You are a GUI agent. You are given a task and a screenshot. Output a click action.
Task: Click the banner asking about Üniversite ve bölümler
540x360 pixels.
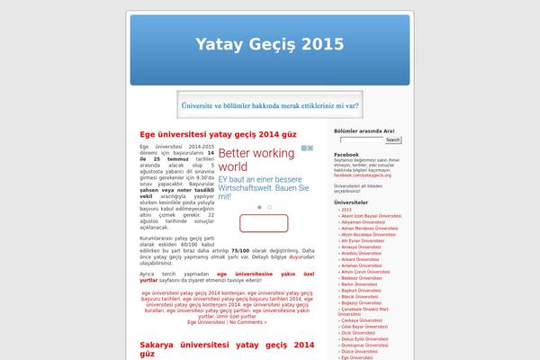269,104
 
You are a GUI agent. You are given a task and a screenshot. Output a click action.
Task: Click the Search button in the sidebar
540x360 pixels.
392,140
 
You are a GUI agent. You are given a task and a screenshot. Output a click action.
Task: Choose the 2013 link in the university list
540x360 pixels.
346,210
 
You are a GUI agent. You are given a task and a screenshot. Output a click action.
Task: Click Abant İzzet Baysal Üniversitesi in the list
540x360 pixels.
371,217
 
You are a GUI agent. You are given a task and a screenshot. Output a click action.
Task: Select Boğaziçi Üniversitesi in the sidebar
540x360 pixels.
364,301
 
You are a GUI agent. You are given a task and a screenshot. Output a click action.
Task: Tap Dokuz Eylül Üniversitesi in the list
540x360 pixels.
365,337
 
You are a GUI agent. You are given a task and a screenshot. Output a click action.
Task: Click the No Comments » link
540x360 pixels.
248,322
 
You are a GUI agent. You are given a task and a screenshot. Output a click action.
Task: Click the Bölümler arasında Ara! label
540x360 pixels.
364,131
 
